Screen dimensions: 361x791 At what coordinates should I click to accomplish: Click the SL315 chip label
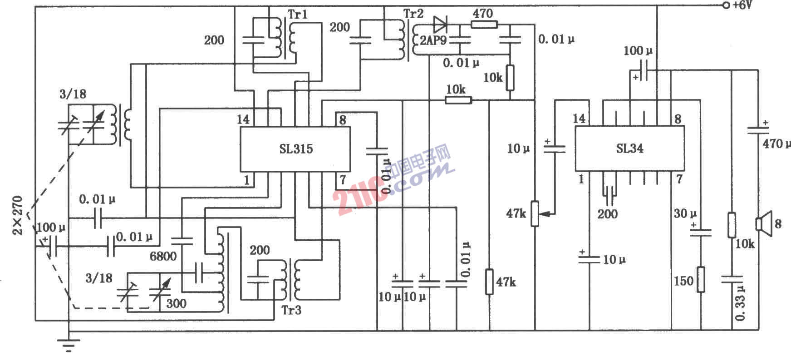pyautogui.click(x=296, y=149)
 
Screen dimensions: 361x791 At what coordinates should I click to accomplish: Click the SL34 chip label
pyautogui.click(x=629, y=148)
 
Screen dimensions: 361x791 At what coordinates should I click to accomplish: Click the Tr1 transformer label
pyautogui.click(x=298, y=14)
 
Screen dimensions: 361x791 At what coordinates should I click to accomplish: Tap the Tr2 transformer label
pyautogui.click(x=413, y=14)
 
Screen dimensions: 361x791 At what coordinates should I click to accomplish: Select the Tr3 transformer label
pyautogui.click(x=291, y=311)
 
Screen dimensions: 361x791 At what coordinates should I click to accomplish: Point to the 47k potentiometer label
pyautogui.click(x=516, y=213)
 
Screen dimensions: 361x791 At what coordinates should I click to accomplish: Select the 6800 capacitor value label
pyautogui.click(x=163, y=257)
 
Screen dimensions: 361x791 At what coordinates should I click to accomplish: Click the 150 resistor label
pyautogui.click(x=683, y=281)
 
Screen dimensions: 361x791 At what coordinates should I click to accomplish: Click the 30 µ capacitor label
pyautogui.click(x=685, y=213)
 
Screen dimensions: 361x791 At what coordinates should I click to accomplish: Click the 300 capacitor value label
pyautogui.click(x=176, y=303)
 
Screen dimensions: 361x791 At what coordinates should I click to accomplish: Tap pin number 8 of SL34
pyautogui.click(x=678, y=119)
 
